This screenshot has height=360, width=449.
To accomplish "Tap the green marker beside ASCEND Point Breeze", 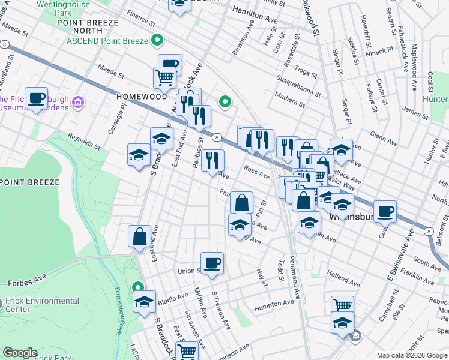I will coord(158,41).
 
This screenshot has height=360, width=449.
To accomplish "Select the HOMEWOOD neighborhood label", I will coord(142,96).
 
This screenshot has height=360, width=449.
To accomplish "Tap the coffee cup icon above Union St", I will coord(212,262).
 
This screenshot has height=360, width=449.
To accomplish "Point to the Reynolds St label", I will coord(83,142).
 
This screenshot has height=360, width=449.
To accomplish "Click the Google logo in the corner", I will coord(19,353).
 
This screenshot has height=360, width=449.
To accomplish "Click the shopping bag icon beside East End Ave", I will coord(139,236).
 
